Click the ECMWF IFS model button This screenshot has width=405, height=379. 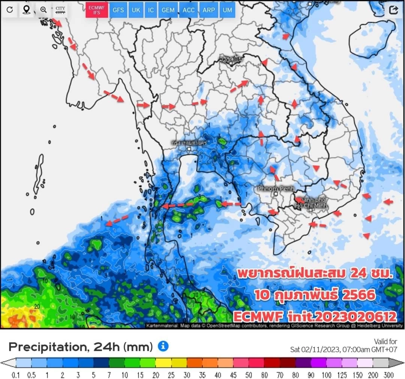(x=97, y=10)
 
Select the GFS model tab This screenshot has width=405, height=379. (x=118, y=10)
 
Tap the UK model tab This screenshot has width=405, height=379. (x=136, y=10)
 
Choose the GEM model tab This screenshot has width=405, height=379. (x=168, y=10)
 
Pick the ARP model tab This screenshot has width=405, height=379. (x=208, y=10)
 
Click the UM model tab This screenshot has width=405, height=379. (x=227, y=10)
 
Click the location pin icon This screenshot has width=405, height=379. (x=26, y=10)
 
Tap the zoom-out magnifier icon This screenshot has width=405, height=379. (x=43, y=10)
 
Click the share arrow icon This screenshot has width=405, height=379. (x=393, y=10)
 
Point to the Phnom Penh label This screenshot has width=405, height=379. (x=276, y=188)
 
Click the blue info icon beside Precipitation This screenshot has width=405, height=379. (x=163, y=346)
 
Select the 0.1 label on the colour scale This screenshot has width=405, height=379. (x=16, y=375)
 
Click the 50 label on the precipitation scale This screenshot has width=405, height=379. (x=249, y=375)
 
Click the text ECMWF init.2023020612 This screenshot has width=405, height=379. (x=315, y=316)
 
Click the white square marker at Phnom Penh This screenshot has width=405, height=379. (x=276, y=194)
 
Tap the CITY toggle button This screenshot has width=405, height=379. (x=60, y=10)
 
